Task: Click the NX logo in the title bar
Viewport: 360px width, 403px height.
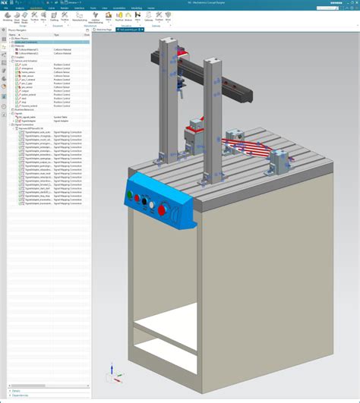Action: tap(5, 2)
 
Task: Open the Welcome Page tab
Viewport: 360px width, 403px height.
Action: tap(123, 30)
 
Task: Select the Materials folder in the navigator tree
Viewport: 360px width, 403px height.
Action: tap(20, 46)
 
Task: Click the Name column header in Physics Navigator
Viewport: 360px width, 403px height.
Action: tap(14, 35)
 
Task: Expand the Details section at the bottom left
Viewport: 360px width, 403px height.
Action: tap(15, 390)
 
